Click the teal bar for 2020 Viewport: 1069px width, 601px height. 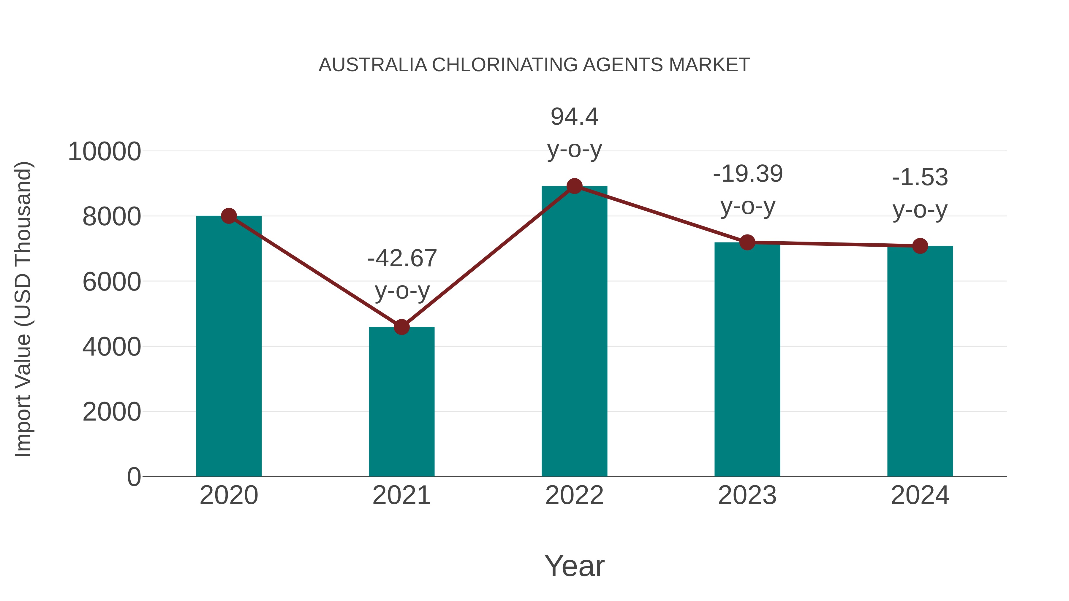[x=229, y=346]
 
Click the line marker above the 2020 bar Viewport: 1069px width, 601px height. [x=229, y=216]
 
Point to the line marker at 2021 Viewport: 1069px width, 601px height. [x=401, y=327]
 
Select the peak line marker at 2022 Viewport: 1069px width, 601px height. [x=574, y=186]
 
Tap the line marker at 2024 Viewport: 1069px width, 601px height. [x=920, y=246]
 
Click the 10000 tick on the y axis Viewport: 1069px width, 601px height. [x=104, y=151]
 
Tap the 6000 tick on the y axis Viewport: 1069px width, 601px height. [x=112, y=282]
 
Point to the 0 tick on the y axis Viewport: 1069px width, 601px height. [x=134, y=477]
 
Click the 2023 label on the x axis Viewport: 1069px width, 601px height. [x=747, y=495]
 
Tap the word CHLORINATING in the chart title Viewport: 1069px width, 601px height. [x=504, y=65]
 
